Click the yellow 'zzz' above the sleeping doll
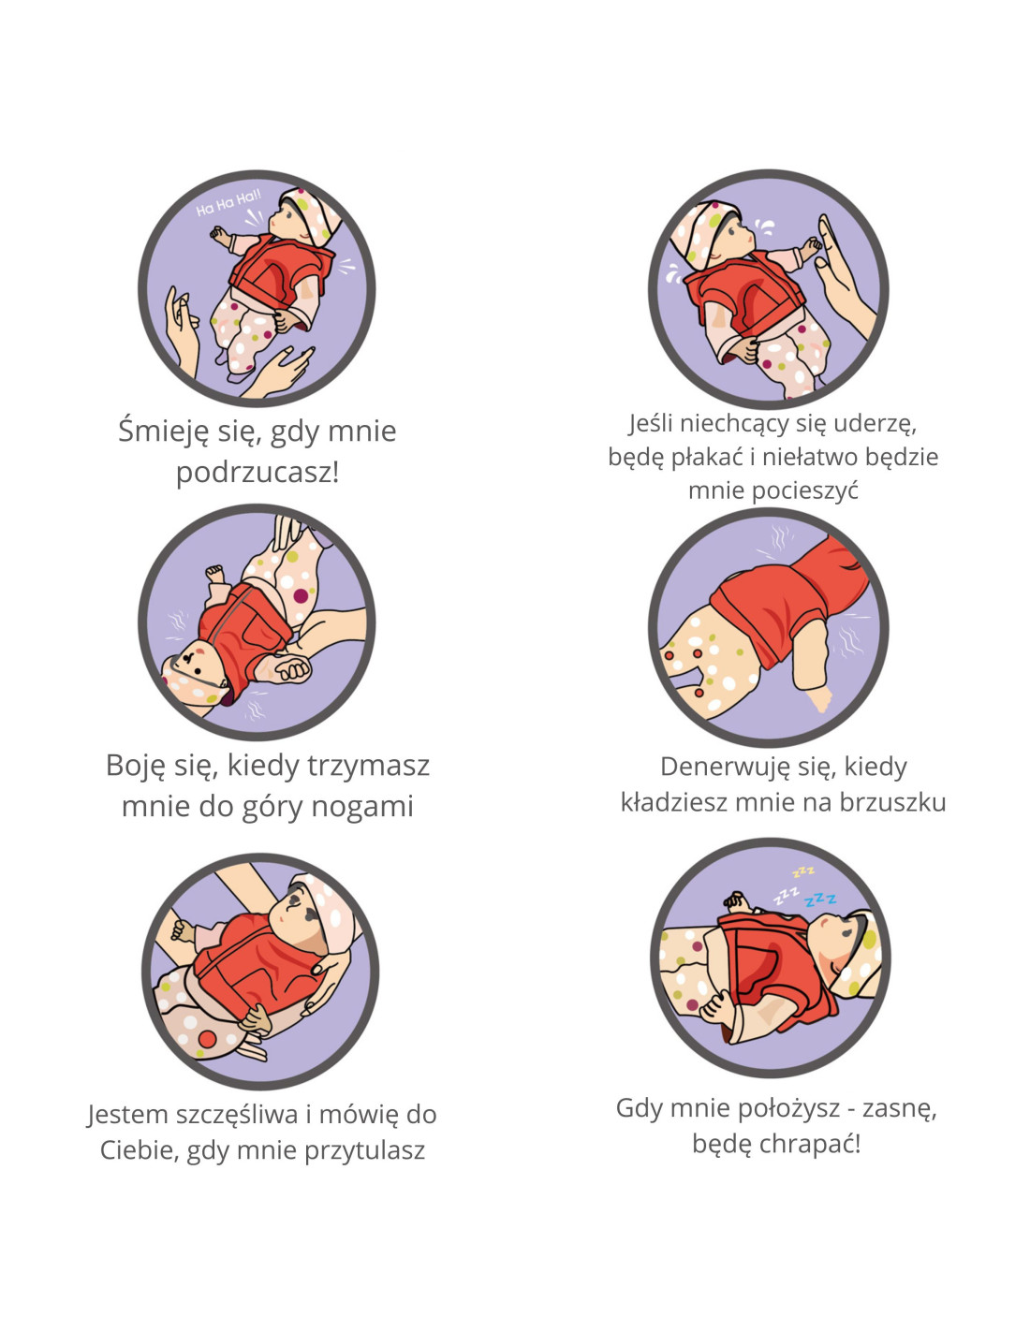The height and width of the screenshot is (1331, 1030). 803,870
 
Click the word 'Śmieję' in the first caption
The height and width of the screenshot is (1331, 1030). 165,431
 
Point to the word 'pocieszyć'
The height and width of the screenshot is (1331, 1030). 773,490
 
